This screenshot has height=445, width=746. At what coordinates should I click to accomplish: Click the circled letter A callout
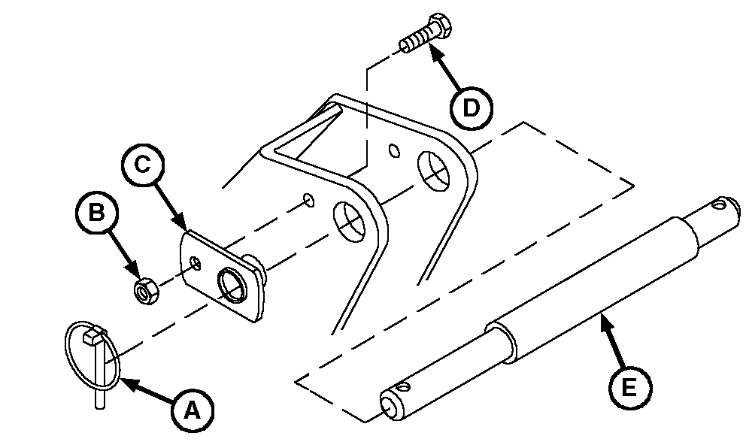tap(193, 410)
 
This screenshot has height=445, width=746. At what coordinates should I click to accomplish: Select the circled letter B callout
tap(97, 213)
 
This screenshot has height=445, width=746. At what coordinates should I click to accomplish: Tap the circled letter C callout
tap(143, 165)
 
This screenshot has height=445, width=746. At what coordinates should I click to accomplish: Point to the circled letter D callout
tap(471, 108)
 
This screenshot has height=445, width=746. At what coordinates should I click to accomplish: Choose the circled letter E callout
tap(630, 387)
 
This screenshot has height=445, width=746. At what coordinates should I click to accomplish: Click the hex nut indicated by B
tap(146, 290)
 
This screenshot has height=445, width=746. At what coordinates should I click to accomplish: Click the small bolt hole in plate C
tap(196, 262)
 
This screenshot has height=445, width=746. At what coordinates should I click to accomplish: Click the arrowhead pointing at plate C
tap(180, 221)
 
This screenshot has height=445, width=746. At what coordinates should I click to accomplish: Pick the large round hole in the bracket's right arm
tap(433, 171)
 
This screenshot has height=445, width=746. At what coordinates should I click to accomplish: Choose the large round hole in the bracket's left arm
tap(349, 222)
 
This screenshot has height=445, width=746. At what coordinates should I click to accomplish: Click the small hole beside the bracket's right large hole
tap(394, 150)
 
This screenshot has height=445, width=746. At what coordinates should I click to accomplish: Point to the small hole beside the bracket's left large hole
tap(309, 200)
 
